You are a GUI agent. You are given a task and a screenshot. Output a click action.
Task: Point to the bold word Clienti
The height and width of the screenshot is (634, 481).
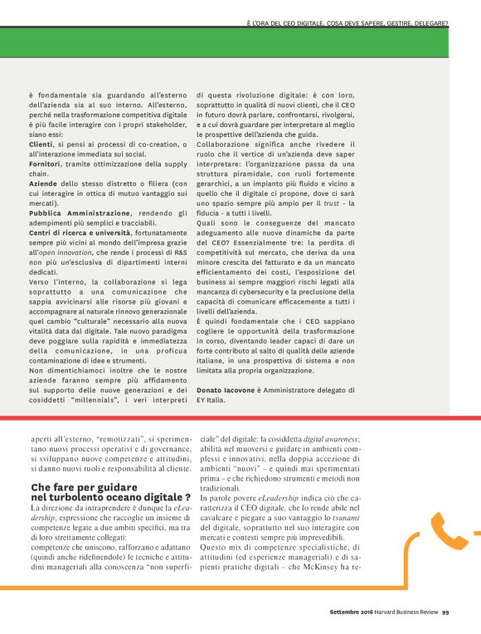[x=41, y=144]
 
